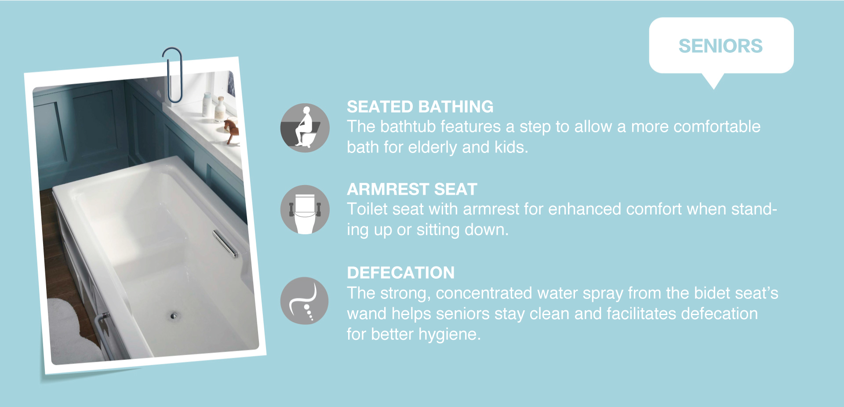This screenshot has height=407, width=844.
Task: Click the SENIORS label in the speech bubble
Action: click(x=720, y=46)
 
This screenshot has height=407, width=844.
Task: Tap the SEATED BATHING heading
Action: click(x=420, y=106)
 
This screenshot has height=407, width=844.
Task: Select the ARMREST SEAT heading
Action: click(x=412, y=189)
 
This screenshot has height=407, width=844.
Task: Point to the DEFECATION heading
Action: click(x=400, y=273)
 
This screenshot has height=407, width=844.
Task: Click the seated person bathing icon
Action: click(x=305, y=128)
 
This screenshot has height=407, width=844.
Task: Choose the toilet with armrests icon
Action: click(x=305, y=210)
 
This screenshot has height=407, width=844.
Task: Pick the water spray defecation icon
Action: click(x=304, y=301)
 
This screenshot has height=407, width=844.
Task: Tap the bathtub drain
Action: click(x=174, y=316)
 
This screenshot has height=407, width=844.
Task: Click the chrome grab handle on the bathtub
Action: click(x=226, y=243)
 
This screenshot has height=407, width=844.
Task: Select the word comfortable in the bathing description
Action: click(x=717, y=127)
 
